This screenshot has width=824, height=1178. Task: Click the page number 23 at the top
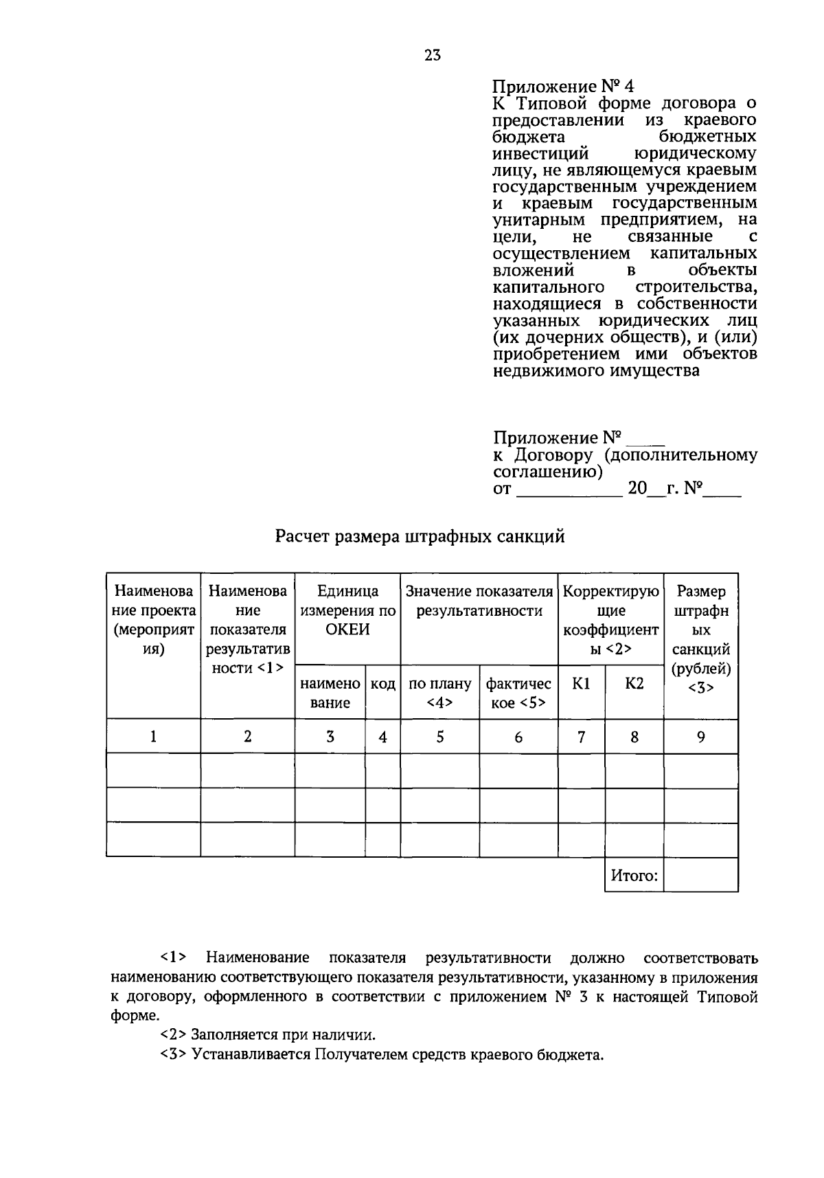click(x=432, y=56)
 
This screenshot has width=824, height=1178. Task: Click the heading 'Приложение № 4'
click(x=563, y=87)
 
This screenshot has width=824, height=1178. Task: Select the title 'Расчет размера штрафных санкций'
click(x=420, y=536)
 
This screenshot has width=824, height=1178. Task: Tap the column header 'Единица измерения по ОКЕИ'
click(x=347, y=610)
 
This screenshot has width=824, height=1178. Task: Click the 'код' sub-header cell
click(x=382, y=685)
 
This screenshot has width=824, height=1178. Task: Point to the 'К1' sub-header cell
click(x=581, y=685)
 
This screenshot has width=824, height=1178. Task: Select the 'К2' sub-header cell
click(x=634, y=685)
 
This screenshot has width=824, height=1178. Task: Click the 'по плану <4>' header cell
click(x=439, y=693)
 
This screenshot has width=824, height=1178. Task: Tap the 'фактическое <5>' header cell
click(x=518, y=693)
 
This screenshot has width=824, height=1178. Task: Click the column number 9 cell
click(x=700, y=737)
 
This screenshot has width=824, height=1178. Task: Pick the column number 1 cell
click(x=153, y=737)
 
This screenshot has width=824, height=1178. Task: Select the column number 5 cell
click(x=439, y=737)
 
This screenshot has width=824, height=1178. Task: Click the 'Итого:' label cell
click(x=634, y=876)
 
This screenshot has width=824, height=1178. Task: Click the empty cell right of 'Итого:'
click(x=700, y=876)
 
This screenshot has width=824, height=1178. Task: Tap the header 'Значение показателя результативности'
click(x=479, y=601)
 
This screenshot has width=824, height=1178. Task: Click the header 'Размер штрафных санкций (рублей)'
click(x=700, y=639)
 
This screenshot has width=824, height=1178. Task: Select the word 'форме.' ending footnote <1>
click(x=134, y=1015)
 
